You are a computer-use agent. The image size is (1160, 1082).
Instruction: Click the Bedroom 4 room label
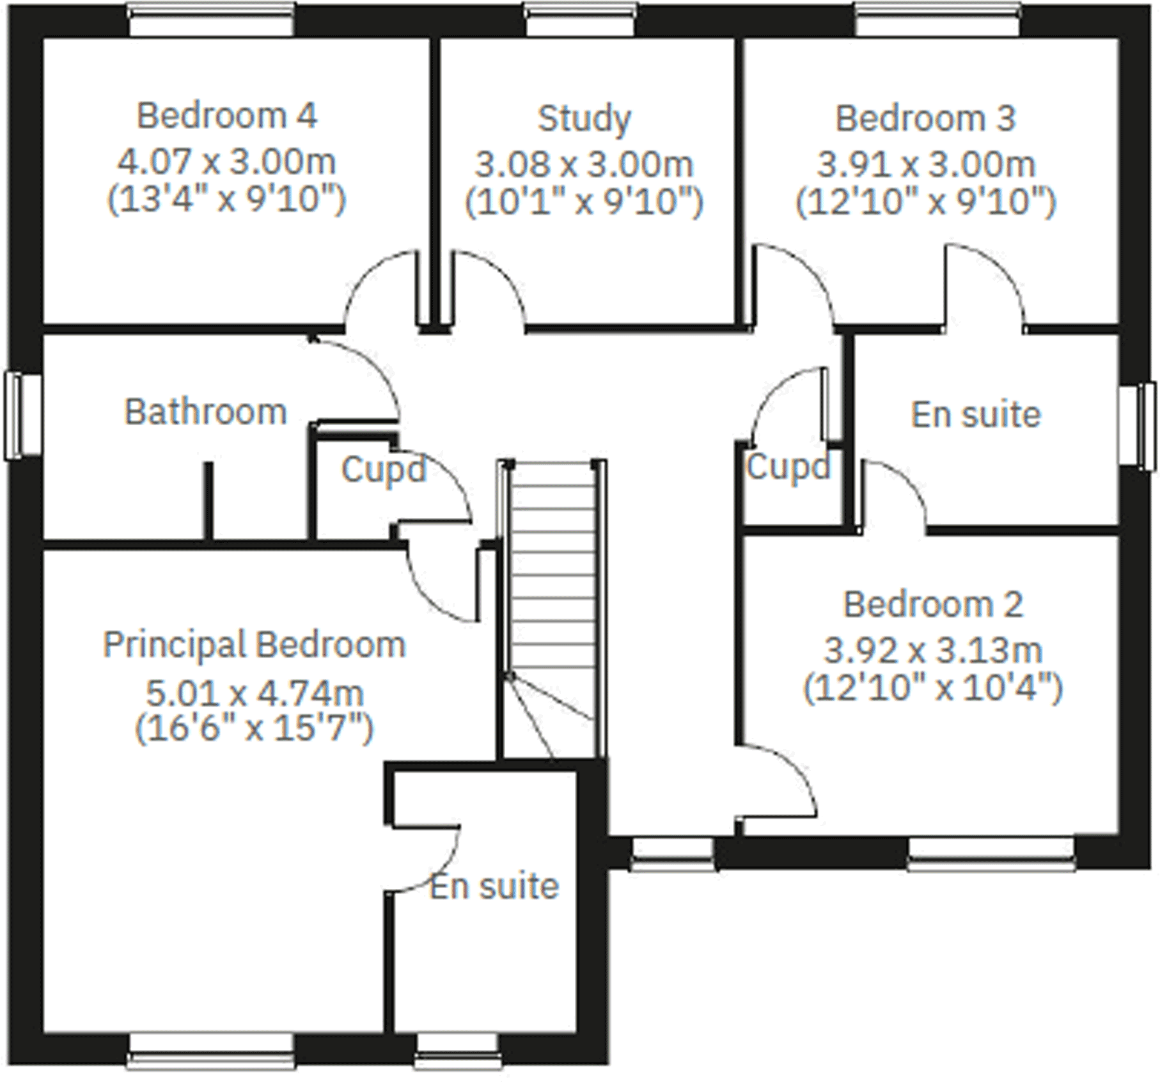click(x=227, y=116)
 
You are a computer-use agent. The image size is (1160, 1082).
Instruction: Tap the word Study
click(x=584, y=119)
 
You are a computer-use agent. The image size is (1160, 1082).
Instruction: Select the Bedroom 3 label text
click(x=925, y=118)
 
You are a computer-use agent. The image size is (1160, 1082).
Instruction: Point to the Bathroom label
click(x=205, y=412)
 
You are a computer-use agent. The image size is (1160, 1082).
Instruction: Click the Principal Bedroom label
click(x=255, y=645)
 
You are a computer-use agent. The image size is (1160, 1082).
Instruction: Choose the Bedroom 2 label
click(x=933, y=604)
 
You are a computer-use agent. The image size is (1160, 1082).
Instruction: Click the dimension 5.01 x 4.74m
click(x=255, y=692)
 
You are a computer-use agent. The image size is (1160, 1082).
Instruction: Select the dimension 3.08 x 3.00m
click(x=584, y=164)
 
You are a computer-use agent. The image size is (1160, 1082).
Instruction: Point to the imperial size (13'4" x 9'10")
click(x=227, y=200)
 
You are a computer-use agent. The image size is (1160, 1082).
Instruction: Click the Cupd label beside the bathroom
click(x=382, y=470)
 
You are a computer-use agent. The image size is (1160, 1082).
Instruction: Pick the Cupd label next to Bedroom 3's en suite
click(x=788, y=467)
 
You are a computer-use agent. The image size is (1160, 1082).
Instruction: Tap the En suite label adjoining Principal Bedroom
click(x=494, y=886)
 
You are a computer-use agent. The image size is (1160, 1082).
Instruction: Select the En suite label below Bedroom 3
click(x=976, y=414)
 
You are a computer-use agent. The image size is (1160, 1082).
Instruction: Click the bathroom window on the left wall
click(x=23, y=416)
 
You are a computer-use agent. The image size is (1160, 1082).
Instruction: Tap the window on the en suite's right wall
click(x=1138, y=426)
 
